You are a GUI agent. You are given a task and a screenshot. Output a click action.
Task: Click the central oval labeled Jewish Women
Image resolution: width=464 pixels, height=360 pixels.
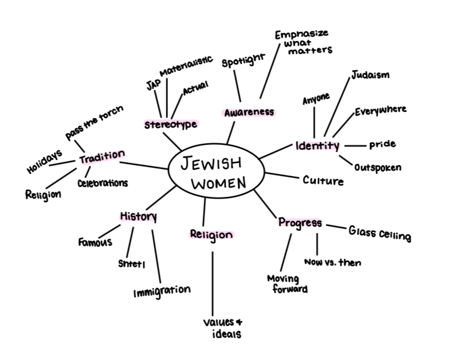point(215,172)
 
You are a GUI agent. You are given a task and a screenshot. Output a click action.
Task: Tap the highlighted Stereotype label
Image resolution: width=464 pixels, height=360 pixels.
point(170,125)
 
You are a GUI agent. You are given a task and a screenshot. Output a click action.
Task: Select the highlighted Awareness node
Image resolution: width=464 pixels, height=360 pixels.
point(249,112)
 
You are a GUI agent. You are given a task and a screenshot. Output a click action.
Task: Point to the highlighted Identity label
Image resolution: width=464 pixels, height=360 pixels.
point(317,146)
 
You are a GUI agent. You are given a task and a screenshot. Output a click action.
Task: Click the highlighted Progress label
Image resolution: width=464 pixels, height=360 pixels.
point(300,223)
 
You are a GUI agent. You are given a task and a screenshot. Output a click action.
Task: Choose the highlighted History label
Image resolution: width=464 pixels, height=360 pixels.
point(138,216)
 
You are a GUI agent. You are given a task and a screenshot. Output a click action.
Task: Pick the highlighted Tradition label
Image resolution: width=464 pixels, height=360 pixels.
point(102,157)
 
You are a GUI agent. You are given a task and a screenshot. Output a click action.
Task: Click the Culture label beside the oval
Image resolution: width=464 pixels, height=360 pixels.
point(323,180)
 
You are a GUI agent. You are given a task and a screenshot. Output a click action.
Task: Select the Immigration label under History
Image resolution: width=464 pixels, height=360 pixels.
point(162,291)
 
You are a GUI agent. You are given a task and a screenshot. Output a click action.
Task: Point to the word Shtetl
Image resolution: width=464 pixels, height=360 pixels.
point(131,263)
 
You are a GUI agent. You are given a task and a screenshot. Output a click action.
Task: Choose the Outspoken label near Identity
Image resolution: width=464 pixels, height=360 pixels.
point(377,167)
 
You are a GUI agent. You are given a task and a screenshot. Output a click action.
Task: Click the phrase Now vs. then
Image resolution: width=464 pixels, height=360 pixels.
point(332,262)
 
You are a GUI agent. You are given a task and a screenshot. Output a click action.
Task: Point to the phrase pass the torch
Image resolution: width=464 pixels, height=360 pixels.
point(94,122)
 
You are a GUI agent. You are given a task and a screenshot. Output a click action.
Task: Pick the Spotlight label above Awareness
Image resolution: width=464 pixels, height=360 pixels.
point(243,60)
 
